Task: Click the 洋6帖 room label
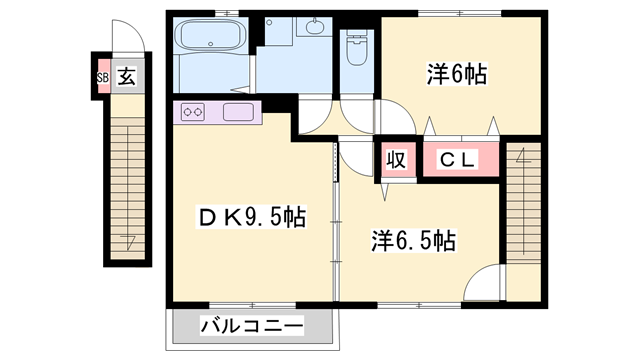point(457,75)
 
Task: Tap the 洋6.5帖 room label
point(415,241)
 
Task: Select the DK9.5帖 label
point(250,215)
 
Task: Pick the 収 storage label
point(396,160)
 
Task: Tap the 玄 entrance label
point(127,76)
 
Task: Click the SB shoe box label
point(102,77)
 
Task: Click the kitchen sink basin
point(240,112)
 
